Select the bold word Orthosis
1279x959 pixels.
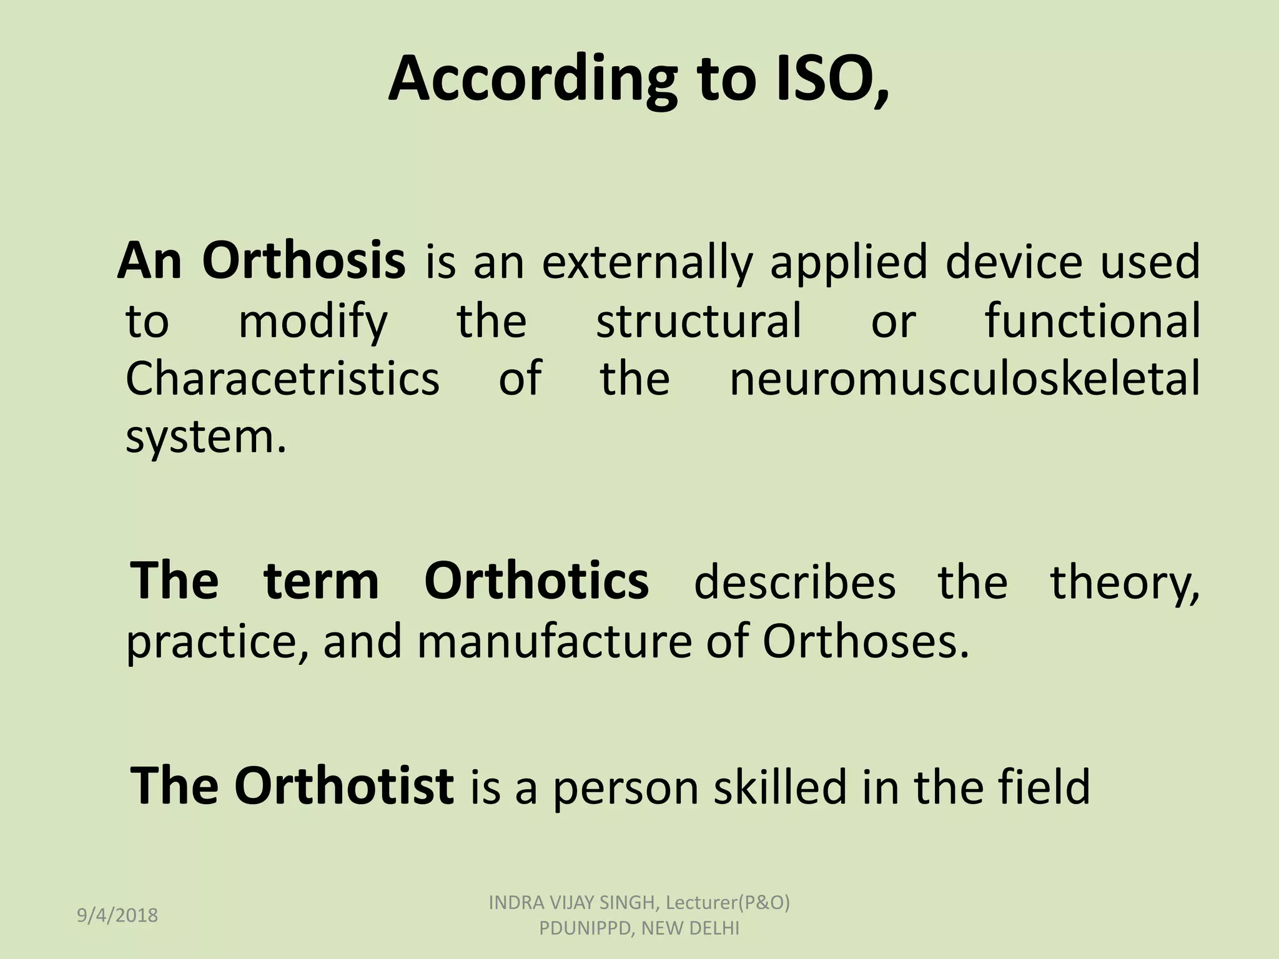point(304,261)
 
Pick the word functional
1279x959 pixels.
point(1092,320)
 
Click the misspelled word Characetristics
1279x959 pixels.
point(282,378)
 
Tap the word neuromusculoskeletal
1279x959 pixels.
point(964,378)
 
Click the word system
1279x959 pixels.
point(205,437)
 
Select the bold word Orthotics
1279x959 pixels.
point(536,581)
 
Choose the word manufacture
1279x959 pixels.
point(555,642)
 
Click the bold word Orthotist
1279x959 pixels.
point(343,785)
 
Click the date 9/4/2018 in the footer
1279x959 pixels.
point(117,915)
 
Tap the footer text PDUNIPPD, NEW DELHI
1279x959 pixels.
point(639,928)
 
